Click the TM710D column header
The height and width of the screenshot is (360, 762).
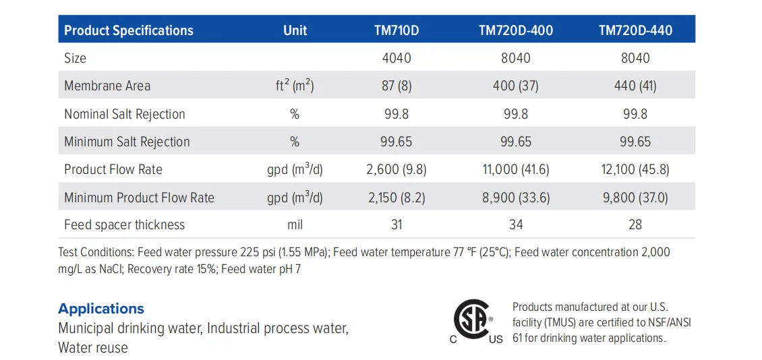[397, 30]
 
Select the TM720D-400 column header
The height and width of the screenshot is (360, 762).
[516, 30]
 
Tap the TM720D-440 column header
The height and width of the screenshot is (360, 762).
[635, 30]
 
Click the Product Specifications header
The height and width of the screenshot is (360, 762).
[129, 30]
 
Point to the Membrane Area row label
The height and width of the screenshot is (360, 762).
[107, 86]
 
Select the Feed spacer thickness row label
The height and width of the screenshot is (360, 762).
[124, 224]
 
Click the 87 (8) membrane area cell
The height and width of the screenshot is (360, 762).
[397, 86]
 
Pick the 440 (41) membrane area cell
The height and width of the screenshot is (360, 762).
[635, 86]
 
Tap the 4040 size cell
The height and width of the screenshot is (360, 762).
[397, 58]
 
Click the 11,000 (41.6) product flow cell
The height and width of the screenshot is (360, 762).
[516, 169]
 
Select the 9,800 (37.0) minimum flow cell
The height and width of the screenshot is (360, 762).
[635, 198]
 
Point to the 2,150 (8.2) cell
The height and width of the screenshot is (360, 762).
[397, 198]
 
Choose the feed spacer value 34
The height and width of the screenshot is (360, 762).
[516, 224]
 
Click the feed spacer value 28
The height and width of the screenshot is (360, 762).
[635, 224]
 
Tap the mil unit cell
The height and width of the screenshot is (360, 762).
[295, 224]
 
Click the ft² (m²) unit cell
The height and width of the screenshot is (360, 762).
[295, 86]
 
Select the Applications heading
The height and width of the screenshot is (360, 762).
[101, 309]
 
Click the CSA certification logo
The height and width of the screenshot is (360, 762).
[474, 320]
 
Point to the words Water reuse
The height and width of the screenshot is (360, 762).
[93, 348]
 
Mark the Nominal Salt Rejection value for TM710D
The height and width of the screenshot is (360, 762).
[397, 114]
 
